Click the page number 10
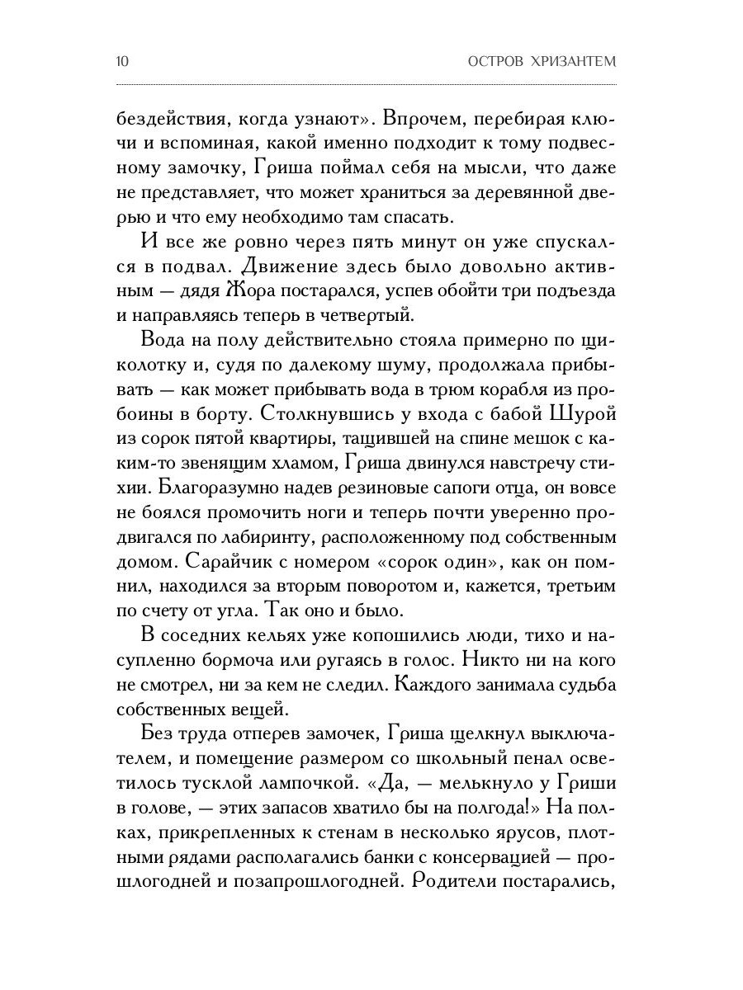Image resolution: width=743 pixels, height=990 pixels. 122,62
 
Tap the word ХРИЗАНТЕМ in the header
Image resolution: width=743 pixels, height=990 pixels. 581,62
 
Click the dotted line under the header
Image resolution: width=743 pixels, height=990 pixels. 371,86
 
